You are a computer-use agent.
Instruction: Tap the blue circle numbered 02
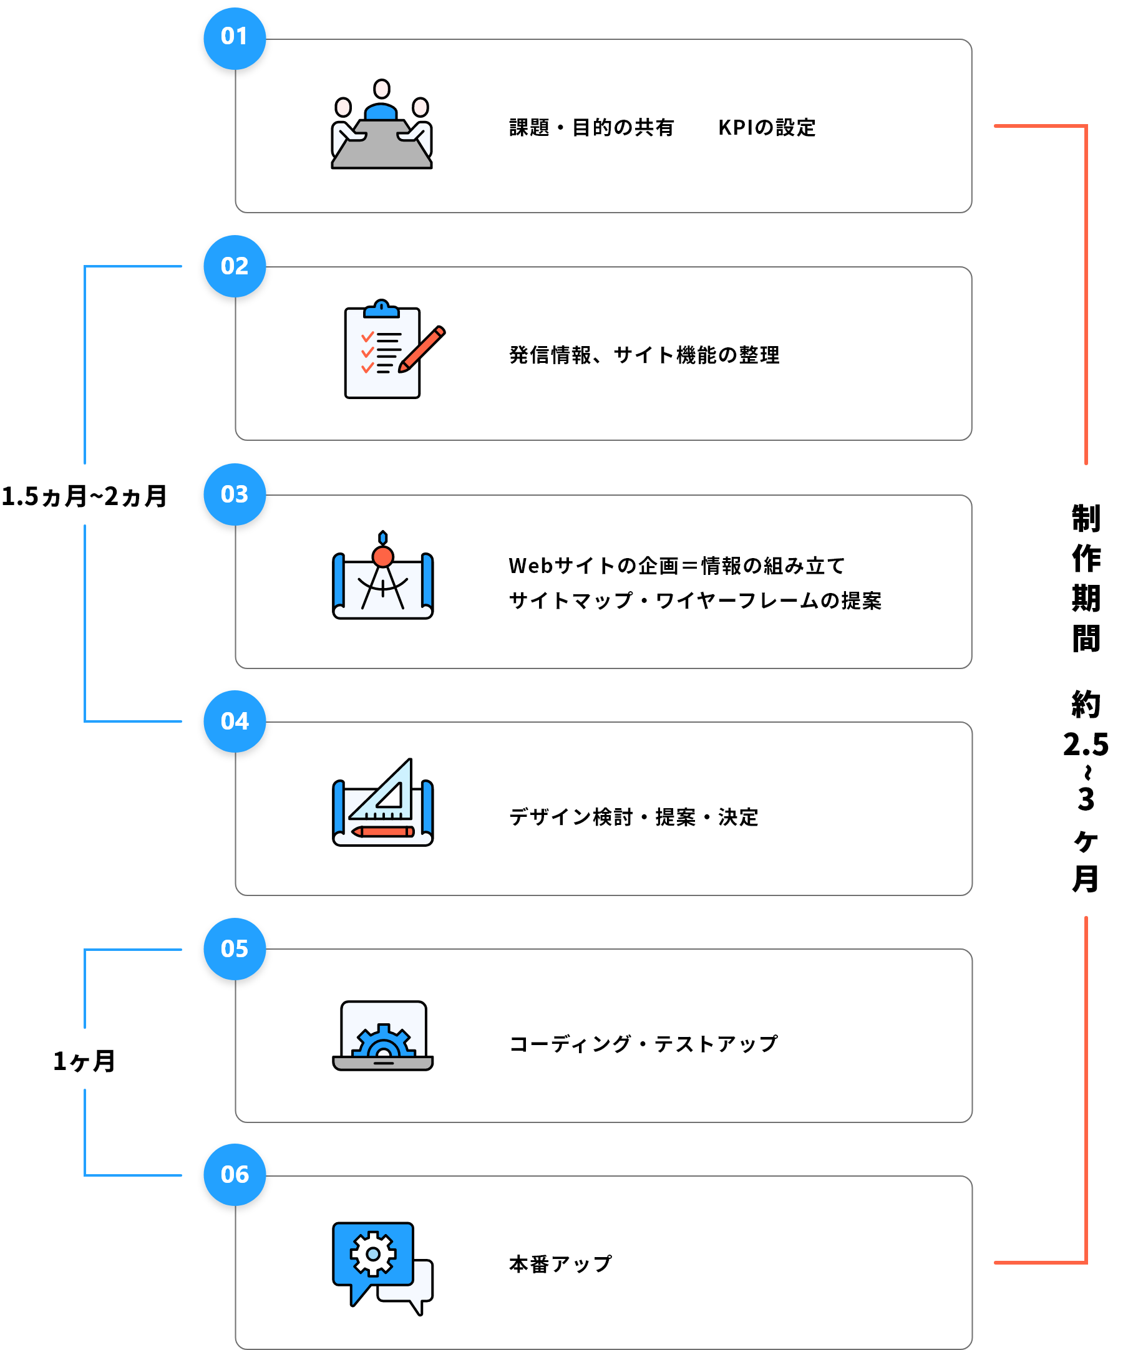234,266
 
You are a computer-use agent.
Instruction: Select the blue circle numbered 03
234,494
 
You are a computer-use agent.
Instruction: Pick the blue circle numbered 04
234,721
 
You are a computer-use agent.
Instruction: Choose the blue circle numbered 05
234,949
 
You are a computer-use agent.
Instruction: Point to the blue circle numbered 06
234,1175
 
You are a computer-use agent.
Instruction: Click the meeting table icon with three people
381,125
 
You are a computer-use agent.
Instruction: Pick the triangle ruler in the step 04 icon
386,792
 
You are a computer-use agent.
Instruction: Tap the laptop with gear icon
382,1035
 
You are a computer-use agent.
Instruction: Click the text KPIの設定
767,128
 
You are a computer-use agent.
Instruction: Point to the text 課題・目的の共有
591,128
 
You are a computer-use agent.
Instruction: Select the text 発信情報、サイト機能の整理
644,355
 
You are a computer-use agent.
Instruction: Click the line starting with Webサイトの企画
676,566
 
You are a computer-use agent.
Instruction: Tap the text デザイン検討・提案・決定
633,817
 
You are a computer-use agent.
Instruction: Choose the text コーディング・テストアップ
643,1044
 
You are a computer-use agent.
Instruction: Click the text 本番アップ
560,1265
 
